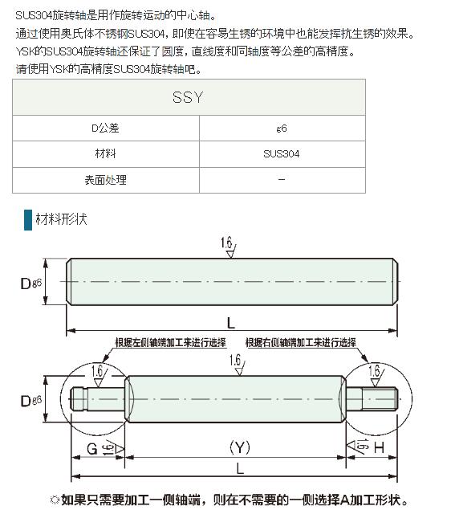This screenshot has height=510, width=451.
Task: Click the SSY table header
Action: [188, 97]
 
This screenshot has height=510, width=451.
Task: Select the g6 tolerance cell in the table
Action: [282, 129]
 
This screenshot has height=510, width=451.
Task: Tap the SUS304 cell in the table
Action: [282, 154]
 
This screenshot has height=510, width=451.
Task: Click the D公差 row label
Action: [105, 129]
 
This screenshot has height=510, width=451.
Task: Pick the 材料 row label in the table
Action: [105, 153]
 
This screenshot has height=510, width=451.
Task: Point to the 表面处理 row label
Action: [105, 180]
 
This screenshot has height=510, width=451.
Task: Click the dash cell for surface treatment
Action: [282, 179]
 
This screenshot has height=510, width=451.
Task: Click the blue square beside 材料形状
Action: [28, 220]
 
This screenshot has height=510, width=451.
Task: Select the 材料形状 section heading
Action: [62, 219]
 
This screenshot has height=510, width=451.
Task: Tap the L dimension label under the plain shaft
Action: [230, 324]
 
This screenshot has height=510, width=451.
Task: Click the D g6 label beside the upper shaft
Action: [30, 283]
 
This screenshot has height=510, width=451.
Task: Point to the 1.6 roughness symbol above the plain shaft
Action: [229, 247]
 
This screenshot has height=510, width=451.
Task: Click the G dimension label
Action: [92, 449]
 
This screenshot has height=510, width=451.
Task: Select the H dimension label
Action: [380, 448]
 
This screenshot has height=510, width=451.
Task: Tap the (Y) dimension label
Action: [240, 447]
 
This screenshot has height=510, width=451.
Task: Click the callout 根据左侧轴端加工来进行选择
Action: [170, 342]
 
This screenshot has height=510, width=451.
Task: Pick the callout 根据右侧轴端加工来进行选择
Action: [301, 342]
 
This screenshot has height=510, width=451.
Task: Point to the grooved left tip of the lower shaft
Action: [79, 399]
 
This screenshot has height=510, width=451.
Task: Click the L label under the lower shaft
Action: [240, 469]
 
